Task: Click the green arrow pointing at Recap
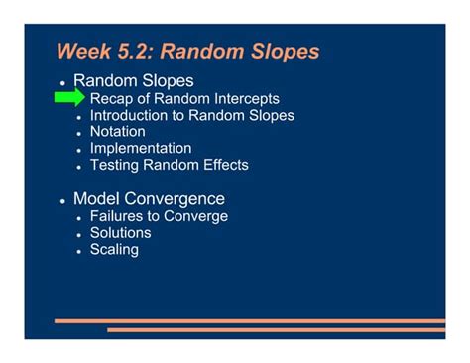[x=69, y=98]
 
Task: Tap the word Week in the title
[x=82, y=51]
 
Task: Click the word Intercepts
[x=243, y=99]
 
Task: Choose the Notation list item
[x=117, y=132]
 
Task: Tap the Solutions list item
[x=120, y=233]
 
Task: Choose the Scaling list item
[x=114, y=250]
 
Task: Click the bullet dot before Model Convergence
[x=62, y=200]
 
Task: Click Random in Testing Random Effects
[x=173, y=165]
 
